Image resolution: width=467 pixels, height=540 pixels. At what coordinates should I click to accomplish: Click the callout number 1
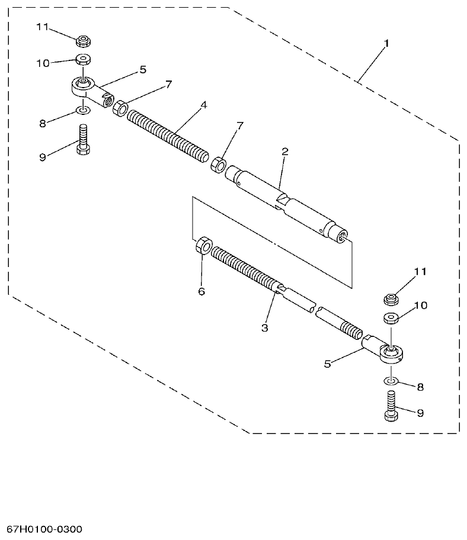pyautogui.click(x=386, y=44)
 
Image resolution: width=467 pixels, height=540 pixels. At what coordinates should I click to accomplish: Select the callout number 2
pyautogui.click(x=284, y=152)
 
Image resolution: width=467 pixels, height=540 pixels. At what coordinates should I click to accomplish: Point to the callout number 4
pyautogui.click(x=203, y=105)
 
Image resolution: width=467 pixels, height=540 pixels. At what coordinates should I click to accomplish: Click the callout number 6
pyautogui.click(x=201, y=291)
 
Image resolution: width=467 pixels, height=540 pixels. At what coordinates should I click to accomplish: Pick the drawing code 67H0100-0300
pyautogui.click(x=45, y=528)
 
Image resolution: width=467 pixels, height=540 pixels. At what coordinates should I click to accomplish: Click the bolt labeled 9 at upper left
pyautogui.click(x=82, y=139)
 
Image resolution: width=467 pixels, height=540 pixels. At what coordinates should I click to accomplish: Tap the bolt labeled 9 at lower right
pyautogui.click(x=391, y=407)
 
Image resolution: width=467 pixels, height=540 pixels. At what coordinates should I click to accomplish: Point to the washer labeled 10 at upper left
pyautogui.click(x=82, y=60)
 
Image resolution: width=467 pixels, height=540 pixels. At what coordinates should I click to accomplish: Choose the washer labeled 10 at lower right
pyautogui.click(x=390, y=318)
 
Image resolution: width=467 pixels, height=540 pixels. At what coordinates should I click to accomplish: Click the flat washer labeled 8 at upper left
pyautogui.click(x=82, y=110)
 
